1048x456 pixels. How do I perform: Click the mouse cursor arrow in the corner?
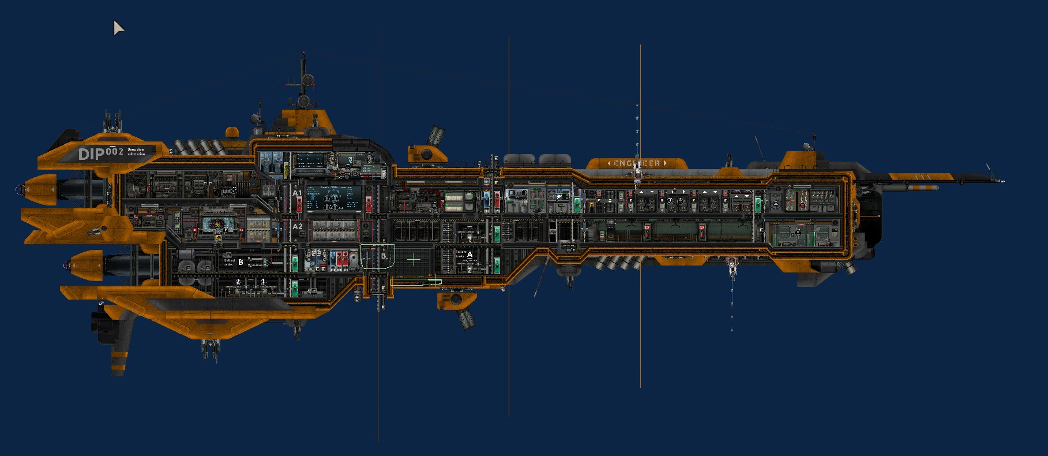[118, 27]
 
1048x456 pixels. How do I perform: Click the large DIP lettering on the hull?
[91, 154]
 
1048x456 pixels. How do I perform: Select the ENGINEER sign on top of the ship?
[637, 163]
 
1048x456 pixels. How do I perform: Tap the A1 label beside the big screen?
[297, 193]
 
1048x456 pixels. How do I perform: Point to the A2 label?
[297, 227]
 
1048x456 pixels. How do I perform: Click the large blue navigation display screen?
[333, 198]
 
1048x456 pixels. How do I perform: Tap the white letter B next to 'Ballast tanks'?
[241, 262]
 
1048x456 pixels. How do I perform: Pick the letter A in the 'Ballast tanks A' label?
[469, 255]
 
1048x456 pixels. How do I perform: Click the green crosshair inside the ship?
[414, 260]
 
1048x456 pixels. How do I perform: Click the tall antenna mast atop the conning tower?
[303, 75]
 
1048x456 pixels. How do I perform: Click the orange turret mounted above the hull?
[427, 152]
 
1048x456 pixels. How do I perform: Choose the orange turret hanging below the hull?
[456, 301]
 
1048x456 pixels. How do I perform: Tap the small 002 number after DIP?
[114, 151]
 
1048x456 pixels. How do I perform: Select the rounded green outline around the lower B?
[378, 256]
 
